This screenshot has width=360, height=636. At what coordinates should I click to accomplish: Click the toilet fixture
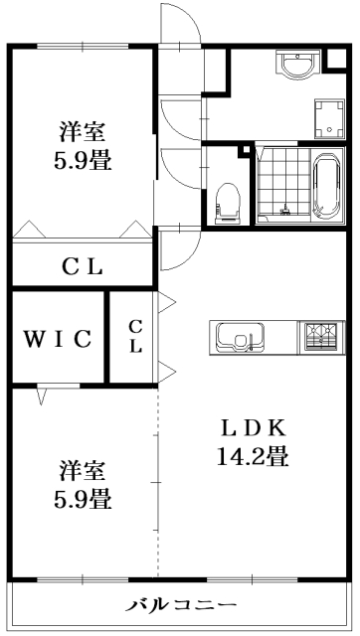(x=229, y=200)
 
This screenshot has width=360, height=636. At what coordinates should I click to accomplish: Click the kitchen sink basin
(x=239, y=338)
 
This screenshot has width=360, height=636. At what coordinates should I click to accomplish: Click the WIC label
(x=58, y=338)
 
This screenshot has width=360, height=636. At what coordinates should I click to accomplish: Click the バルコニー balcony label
(x=181, y=605)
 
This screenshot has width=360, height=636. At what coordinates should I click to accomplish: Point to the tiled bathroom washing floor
(x=282, y=186)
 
